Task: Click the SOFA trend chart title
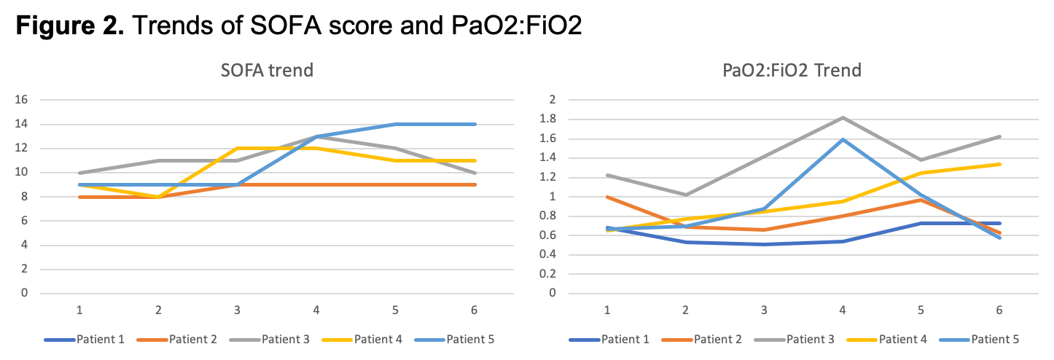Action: pos(267,71)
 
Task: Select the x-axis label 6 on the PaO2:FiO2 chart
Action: pos(999,310)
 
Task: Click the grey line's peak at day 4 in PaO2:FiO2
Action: pos(843,117)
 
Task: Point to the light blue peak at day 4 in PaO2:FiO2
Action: pos(843,139)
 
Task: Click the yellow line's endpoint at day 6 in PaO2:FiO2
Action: pos(999,164)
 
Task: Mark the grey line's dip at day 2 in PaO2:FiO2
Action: pos(685,195)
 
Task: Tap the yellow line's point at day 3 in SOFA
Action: pos(238,149)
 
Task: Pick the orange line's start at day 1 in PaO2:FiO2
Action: pos(607,197)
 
